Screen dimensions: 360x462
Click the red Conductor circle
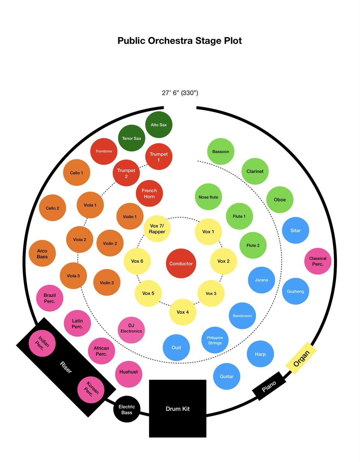click(181, 263)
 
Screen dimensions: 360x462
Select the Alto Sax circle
click(159, 125)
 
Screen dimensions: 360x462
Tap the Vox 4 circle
click(183, 312)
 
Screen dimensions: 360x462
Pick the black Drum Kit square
click(178, 408)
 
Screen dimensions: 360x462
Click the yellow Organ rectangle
click(301, 359)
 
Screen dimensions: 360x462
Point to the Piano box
click(269, 386)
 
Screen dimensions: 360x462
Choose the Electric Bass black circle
click(127, 409)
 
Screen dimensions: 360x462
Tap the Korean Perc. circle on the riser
click(91, 390)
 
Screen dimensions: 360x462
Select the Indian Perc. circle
click(42, 343)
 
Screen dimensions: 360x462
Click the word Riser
click(66, 367)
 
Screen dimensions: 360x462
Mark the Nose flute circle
click(208, 197)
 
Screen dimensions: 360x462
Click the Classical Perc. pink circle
click(318, 261)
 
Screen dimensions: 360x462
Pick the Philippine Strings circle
click(215, 340)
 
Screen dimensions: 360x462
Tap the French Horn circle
click(150, 193)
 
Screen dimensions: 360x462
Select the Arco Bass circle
click(42, 253)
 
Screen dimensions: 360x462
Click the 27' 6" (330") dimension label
click(180, 93)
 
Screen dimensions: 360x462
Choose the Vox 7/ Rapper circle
click(157, 229)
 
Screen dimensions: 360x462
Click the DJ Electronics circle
click(131, 328)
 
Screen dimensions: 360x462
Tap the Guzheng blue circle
click(296, 291)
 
